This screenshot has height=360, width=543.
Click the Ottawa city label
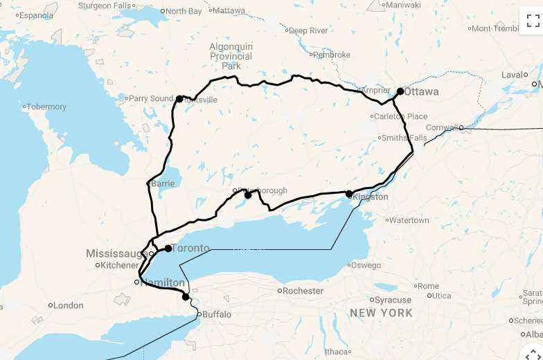421,91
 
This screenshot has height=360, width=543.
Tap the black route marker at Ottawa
400,91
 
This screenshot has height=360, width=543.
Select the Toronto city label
190,248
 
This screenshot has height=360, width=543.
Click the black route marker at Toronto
168,248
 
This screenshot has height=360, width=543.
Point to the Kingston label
371,197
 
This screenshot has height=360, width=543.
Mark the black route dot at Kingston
349,194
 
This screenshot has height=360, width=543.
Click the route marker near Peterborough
248,195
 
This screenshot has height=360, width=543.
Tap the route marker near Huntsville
179,99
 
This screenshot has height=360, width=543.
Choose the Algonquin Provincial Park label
231,56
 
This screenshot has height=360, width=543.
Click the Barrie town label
163,184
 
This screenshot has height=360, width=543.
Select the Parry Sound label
150,98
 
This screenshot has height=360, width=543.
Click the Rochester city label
303,291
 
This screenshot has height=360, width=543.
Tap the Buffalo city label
217,314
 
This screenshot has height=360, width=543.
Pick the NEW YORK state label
381,313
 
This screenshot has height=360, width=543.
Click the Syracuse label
393,300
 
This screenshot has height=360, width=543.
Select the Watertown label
409,220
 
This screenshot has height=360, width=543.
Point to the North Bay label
184,11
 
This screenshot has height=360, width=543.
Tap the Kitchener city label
120,265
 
